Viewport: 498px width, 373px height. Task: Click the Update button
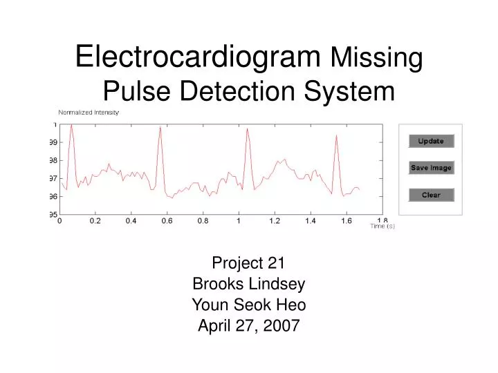coord(431,141)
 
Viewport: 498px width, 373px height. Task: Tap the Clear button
coord(431,195)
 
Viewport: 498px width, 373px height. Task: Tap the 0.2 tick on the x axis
coord(95,222)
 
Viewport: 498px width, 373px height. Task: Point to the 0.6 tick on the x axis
coord(167,222)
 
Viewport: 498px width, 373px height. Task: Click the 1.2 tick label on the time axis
coord(275,222)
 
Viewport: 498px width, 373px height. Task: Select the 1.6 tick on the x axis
coord(347,222)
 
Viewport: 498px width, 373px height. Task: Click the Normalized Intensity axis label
coord(89,112)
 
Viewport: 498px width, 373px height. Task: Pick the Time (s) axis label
coord(382,226)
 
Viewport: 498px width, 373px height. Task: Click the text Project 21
coord(248,262)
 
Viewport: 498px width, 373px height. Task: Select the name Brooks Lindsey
coord(248,284)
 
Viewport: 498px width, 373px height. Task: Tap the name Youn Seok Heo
coord(248,305)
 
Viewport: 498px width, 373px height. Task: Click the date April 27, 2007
coord(248,327)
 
